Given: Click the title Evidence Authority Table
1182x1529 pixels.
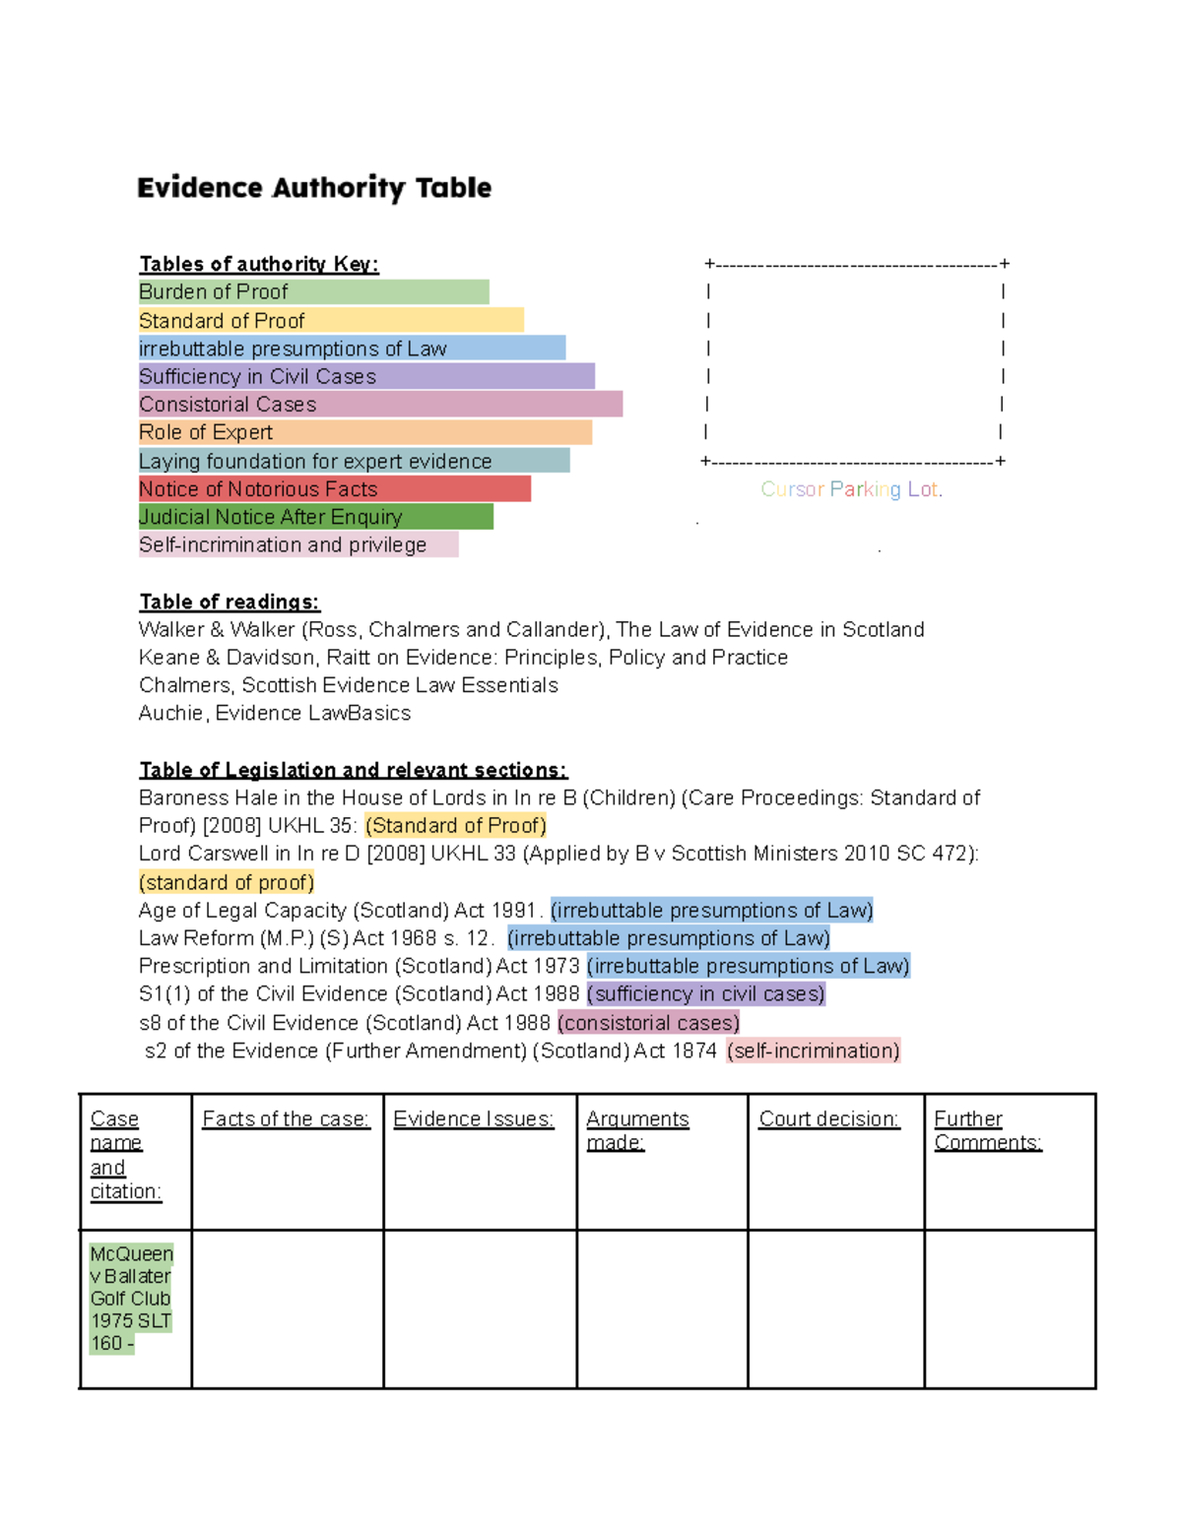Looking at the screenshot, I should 314,187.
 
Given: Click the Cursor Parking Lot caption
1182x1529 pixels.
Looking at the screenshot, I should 851,489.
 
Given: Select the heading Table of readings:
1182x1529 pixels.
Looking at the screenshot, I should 230,602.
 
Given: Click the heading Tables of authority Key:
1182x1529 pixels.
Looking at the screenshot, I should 259,264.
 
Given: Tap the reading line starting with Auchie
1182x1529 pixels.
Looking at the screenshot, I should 275,713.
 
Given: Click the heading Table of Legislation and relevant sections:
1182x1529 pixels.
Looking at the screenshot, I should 353,770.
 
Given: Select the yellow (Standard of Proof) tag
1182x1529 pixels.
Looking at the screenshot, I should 455,825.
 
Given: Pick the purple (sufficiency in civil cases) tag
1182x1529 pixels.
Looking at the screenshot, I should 705,994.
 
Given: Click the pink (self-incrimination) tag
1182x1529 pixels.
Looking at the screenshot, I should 813,1051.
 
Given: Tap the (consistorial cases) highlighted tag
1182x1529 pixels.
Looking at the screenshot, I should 648,1023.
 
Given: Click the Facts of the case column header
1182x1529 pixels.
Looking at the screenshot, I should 286,1119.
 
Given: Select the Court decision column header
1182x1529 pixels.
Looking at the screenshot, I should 828,1119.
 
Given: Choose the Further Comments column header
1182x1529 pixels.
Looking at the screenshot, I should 987,1131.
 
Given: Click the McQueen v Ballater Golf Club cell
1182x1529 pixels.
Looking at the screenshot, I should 131,1299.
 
